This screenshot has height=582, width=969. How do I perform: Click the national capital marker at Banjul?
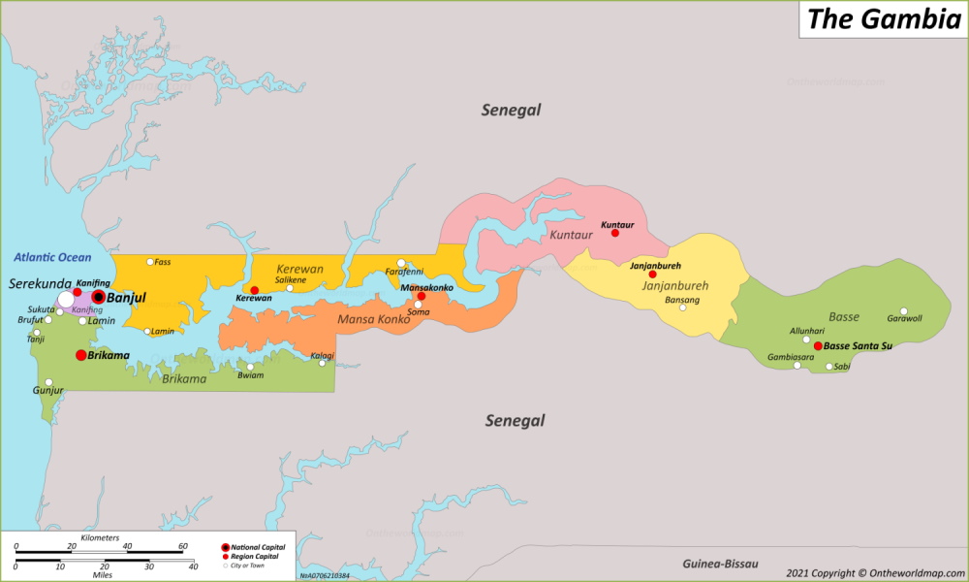[x=98, y=297]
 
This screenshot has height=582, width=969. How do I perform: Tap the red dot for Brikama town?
[x=80, y=355]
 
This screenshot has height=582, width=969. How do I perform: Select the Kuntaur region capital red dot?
[x=614, y=233]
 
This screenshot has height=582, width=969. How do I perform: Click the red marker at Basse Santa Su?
[x=818, y=345]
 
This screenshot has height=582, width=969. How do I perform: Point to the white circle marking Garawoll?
[x=903, y=311]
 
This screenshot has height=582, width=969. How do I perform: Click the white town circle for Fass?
[x=150, y=261]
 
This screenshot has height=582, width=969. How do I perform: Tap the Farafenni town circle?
[x=401, y=263]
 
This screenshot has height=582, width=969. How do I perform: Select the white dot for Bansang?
[x=682, y=307]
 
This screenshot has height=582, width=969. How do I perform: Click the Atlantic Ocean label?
[x=52, y=257]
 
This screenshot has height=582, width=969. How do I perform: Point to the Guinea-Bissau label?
[x=719, y=564]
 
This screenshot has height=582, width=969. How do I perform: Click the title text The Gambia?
[x=883, y=19]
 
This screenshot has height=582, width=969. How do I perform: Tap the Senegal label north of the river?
[x=511, y=110]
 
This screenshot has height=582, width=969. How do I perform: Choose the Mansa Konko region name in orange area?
[x=373, y=319]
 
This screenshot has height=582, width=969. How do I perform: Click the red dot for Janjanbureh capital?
[x=651, y=275]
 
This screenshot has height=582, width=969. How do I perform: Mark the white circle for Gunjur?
[x=48, y=382]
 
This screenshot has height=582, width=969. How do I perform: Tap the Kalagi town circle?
[x=323, y=363]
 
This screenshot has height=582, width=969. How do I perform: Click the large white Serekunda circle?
[x=66, y=300]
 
